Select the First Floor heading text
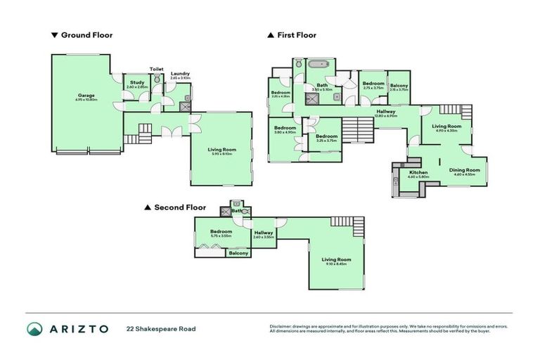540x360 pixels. (296, 34)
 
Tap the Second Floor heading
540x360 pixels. (179, 207)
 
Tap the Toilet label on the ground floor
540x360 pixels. (156, 69)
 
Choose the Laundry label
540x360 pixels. (179, 75)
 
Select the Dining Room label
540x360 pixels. (465, 171)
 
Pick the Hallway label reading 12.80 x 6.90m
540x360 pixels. (385, 112)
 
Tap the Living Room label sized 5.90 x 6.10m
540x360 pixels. (221, 150)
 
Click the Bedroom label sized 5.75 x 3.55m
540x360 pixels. (221, 233)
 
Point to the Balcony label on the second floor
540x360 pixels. (238, 253)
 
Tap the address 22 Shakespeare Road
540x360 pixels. (161, 328)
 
